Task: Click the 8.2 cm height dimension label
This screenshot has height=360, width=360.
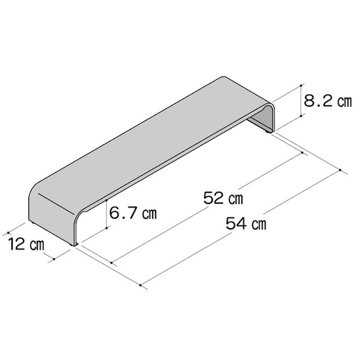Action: point(328,101)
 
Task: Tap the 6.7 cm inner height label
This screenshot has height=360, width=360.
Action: point(133,213)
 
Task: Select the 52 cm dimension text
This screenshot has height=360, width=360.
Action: point(223,198)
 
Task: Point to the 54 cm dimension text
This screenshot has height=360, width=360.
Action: point(246,224)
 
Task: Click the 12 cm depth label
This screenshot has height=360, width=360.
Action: point(26,244)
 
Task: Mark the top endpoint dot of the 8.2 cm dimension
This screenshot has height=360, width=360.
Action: point(301,85)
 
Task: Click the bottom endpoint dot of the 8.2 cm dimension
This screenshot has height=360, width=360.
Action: point(301,116)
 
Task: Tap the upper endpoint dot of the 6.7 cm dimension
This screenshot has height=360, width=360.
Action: point(107,201)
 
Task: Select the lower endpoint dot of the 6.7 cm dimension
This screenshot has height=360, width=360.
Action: point(107,228)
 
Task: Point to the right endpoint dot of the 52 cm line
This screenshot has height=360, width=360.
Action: point(302,152)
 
